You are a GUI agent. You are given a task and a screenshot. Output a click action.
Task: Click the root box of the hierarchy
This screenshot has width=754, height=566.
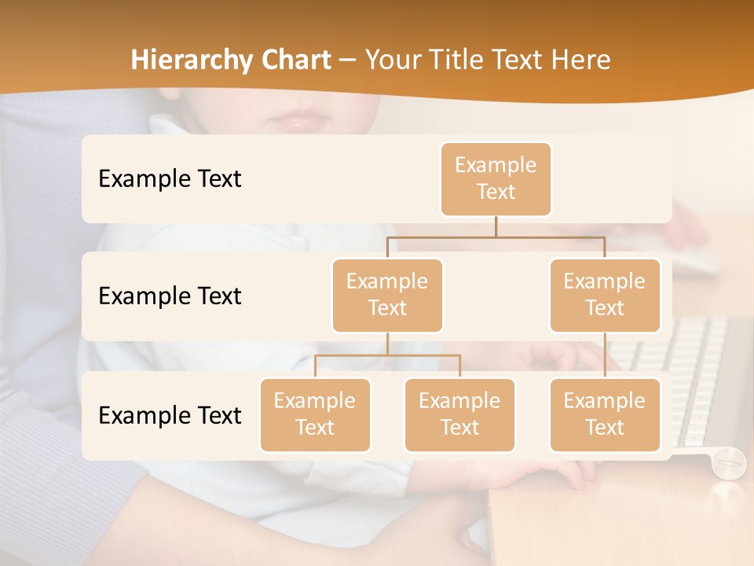tap(496, 179)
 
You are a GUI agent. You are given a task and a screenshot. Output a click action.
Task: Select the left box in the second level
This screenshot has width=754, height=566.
tap(387, 296)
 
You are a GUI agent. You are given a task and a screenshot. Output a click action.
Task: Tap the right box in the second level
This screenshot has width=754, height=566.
tap(605, 296)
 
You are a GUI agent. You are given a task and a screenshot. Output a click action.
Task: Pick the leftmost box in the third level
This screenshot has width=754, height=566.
tap(315, 415)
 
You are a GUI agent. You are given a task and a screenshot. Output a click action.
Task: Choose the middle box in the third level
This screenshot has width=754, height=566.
tap(459, 415)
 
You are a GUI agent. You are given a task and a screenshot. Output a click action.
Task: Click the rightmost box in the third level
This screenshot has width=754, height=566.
tap(605, 415)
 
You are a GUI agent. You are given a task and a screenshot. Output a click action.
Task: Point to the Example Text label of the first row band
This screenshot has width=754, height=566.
tap(170, 179)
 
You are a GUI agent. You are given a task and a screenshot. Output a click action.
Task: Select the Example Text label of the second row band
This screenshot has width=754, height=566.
tap(170, 296)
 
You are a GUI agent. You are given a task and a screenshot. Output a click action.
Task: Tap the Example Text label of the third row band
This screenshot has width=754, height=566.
tap(170, 415)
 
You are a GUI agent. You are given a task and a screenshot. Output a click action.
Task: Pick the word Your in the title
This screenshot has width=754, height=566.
tap(393, 60)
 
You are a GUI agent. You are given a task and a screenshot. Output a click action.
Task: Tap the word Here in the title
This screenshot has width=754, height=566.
tap(580, 60)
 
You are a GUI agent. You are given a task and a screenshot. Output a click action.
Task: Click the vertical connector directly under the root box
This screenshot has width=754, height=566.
tap(496, 226)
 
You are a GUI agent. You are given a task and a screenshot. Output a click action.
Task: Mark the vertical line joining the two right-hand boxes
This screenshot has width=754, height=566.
tap(605, 355)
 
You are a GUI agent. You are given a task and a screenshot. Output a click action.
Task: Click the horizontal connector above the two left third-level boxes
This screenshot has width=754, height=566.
tap(387, 355)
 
